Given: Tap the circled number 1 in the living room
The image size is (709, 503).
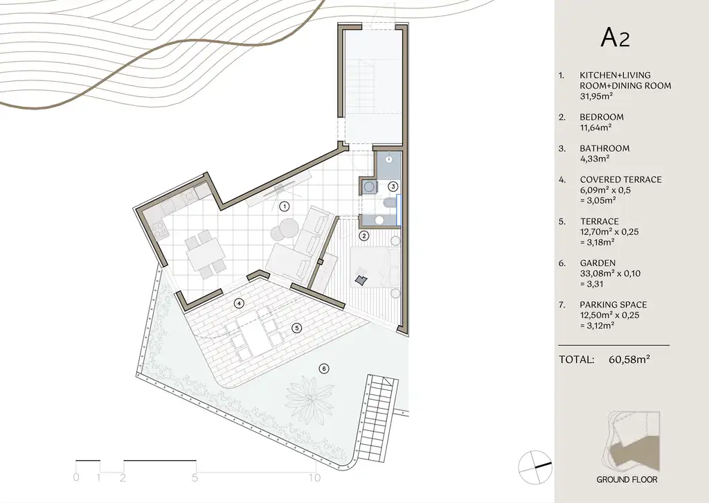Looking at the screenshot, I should click(x=283, y=206).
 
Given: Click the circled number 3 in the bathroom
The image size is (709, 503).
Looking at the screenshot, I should click(x=393, y=186).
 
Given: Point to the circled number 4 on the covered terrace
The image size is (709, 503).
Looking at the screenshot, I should click(x=238, y=303).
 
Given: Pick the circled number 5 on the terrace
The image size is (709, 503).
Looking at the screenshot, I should click(x=297, y=328).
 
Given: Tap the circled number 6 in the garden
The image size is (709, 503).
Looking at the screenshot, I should click(x=323, y=368).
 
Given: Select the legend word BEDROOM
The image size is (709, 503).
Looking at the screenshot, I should click(x=601, y=117).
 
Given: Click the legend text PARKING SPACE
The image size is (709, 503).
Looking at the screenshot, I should click(x=613, y=304).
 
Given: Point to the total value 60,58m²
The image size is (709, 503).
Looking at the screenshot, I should click(x=629, y=360).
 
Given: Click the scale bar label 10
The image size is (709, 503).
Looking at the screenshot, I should click(x=314, y=477).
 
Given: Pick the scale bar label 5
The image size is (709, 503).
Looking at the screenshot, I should click(x=195, y=477).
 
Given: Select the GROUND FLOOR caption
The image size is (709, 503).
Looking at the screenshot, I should click(x=627, y=479).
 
